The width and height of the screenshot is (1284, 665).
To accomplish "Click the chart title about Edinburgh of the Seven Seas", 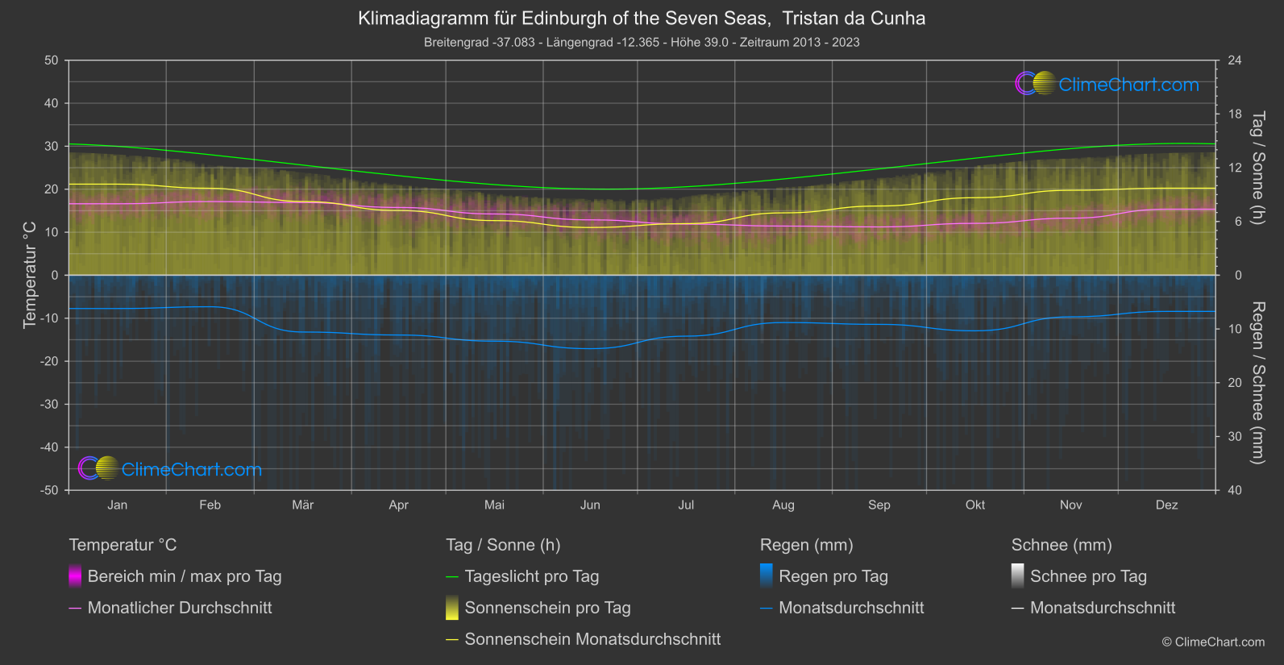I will (x=642, y=19).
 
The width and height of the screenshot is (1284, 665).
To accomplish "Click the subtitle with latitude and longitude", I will (x=642, y=42).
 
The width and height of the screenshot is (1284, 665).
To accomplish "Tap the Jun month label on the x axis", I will (x=590, y=505).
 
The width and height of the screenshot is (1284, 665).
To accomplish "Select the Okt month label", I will (x=975, y=505).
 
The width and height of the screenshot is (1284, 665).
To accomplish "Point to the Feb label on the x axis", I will (x=210, y=505).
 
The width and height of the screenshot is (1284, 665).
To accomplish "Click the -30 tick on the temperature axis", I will (x=50, y=404).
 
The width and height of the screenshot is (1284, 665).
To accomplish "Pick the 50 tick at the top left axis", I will (x=52, y=60).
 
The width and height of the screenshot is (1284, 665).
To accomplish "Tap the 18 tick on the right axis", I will (x=1235, y=114).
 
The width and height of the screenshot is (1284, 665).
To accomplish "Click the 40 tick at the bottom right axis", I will (x=1235, y=490).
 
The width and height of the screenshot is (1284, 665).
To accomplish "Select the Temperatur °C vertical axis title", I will (x=30, y=275).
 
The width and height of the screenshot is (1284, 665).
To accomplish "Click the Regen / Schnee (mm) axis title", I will (x=1257, y=383).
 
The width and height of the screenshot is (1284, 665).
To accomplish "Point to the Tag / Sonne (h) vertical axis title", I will (x=1257, y=168).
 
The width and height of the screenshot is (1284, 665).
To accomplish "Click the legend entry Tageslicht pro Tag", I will (x=531, y=576).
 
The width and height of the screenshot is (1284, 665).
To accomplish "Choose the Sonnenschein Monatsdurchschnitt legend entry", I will (x=592, y=639).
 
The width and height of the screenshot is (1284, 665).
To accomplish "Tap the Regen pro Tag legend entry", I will (x=833, y=576).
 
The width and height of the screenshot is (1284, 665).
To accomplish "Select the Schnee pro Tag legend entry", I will (x=1087, y=576).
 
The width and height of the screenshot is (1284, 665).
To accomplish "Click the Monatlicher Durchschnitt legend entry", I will (x=179, y=608).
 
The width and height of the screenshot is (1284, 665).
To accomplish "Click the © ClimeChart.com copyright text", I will (x=1213, y=642).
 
